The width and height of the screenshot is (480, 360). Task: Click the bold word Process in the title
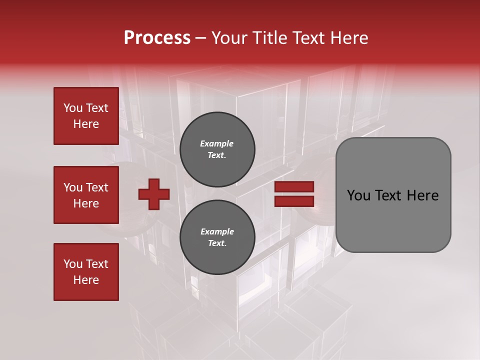157,38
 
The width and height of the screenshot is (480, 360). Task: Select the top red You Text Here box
86,116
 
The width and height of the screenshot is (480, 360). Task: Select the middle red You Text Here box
86,195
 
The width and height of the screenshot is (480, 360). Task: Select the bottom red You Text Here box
86,272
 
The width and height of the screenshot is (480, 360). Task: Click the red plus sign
154,194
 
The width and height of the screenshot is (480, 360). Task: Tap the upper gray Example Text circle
217,149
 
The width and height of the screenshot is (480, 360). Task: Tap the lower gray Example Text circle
217,237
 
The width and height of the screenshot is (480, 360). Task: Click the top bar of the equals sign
294,187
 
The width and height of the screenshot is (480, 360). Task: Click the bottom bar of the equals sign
294,201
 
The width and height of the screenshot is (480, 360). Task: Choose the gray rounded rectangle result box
393,195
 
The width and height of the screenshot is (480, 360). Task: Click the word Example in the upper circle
217,143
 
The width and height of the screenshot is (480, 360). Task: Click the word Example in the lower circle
217,231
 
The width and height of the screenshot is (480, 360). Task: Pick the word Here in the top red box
86,124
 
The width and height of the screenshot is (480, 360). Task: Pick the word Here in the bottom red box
86,280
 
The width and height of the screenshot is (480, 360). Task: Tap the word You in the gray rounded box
358,195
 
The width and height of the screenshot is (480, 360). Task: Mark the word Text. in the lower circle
217,243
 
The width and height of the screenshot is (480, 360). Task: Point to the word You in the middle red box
72,187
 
